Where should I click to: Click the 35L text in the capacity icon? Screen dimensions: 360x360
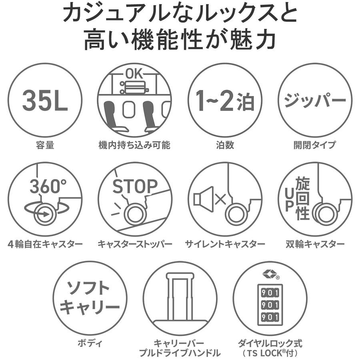click(45, 100)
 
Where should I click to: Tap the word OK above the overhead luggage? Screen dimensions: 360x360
click(134, 74)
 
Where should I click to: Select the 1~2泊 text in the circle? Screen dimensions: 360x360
click(225, 100)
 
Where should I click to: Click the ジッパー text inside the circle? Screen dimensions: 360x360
click(315, 100)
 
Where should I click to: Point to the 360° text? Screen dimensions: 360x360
click(48, 186)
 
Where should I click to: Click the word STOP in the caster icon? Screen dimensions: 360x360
click(135, 186)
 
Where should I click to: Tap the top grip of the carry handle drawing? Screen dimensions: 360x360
click(180, 276)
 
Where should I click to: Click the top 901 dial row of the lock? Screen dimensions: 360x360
click(270, 293)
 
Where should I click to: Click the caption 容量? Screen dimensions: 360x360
click(45, 145)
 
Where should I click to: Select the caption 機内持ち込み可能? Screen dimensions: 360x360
click(134, 145)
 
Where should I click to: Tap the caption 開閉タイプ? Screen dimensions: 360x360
click(315, 145)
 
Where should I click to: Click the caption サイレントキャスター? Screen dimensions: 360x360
click(225, 244)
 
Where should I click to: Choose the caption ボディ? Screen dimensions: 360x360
click(90, 343)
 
